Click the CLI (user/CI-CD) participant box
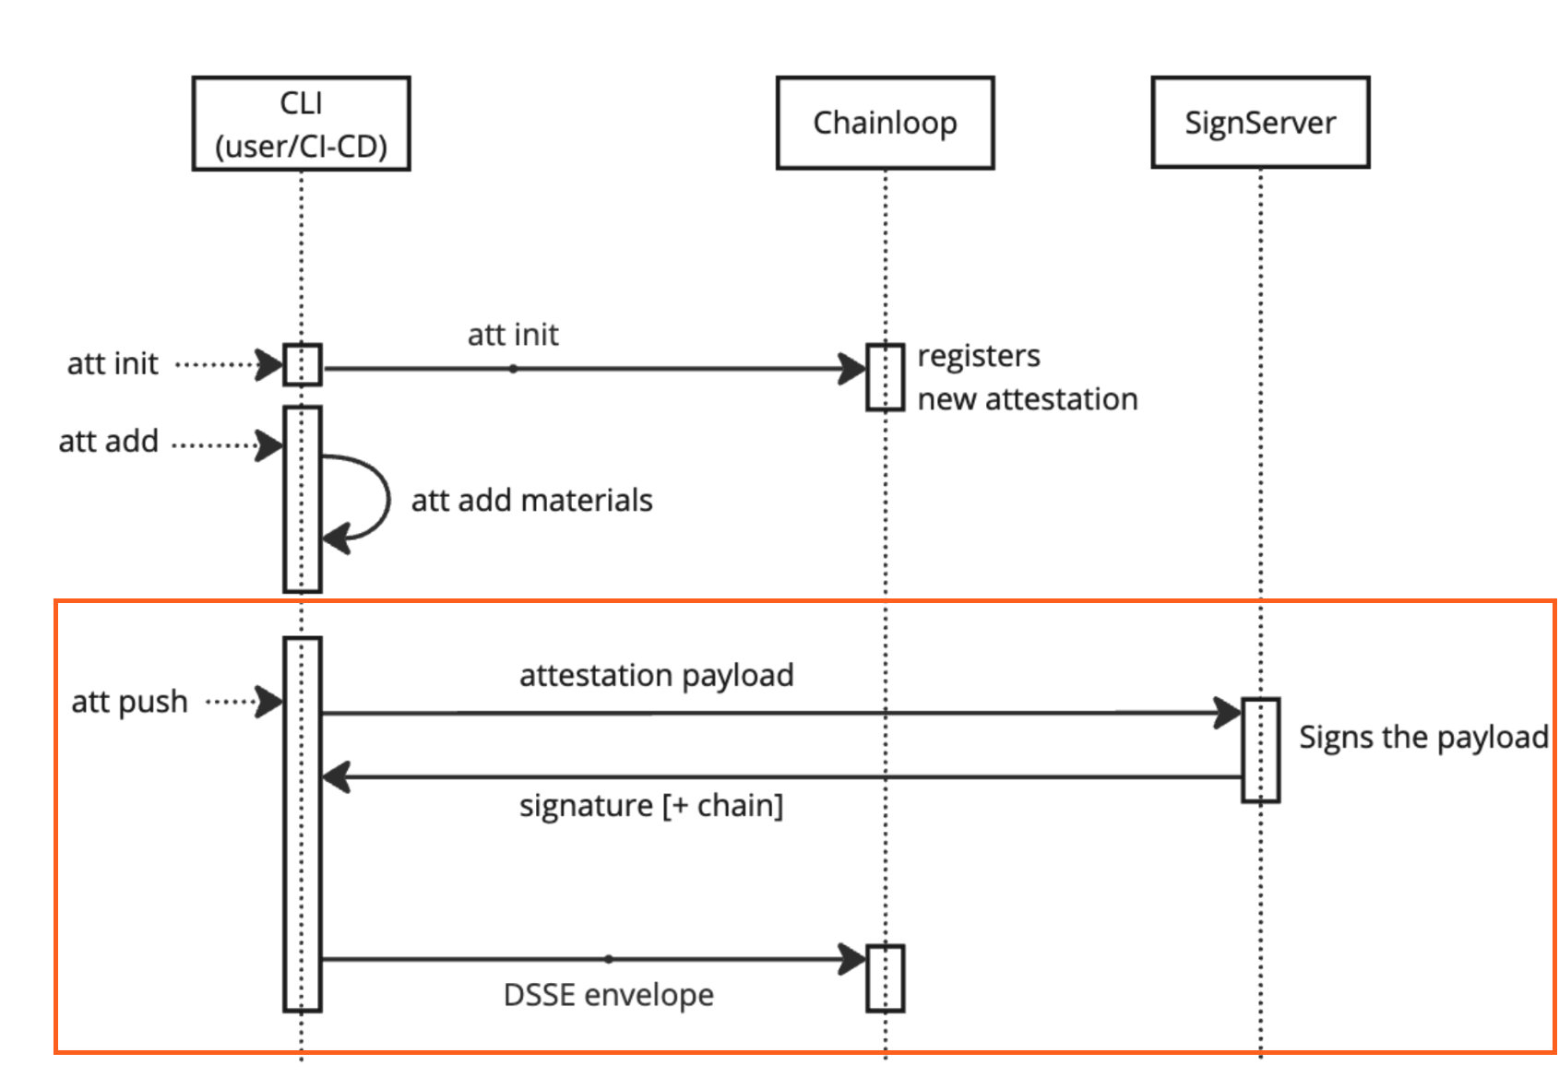tap(301, 124)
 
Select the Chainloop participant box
tap(885, 123)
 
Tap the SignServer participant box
tap(1260, 123)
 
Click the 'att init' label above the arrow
tap(513, 334)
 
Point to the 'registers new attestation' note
tap(1026, 377)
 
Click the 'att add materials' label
tap(531, 500)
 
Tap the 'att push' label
tap(129, 702)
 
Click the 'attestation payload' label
tap(656, 675)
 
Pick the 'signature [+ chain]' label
tap(650, 805)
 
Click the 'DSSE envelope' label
tap(608, 995)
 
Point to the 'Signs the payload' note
tap(1422, 737)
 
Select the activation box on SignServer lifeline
tap(1260, 750)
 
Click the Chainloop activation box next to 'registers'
tap(885, 377)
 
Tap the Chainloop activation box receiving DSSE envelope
tap(885, 978)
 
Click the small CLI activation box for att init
tap(302, 364)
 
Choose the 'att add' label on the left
tap(108, 442)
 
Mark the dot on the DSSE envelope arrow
tap(609, 959)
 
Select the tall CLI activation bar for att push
tap(302, 823)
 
